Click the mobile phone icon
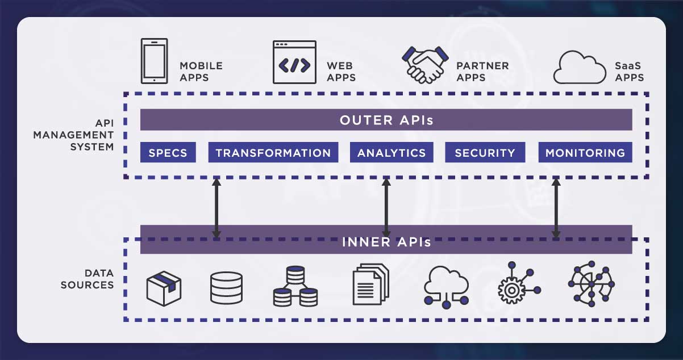click(x=154, y=61)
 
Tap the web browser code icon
click(x=294, y=62)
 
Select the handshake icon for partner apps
click(x=423, y=64)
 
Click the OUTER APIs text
click(x=386, y=120)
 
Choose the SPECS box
click(x=168, y=153)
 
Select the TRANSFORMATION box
click(x=273, y=153)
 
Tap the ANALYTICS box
click(x=392, y=153)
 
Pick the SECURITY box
click(x=485, y=153)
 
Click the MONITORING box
click(x=585, y=153)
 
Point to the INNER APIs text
click(x=386, y=242)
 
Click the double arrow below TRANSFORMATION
click(x=216, y=208)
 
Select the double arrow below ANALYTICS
click(x=386, y=208)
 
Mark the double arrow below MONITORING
click(x=556, y=208)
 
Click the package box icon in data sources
click(x=164, y=288)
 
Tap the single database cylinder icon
click(x=226, y=288)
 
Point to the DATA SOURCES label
click(x=87, y=279)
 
